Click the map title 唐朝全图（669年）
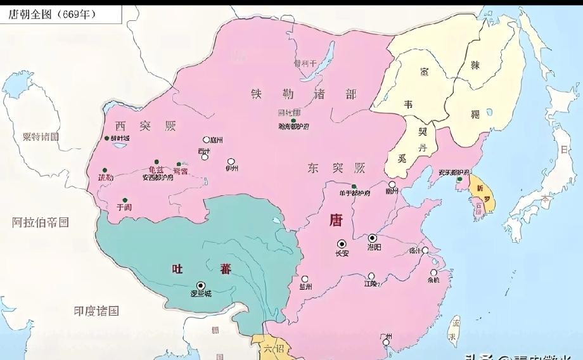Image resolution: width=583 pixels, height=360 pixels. pyautogui.click(x=53, y=14)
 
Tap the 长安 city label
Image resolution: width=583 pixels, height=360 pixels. pyautogui.click(x=342, y=254)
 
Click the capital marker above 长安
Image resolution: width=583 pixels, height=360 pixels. pyautogui.click(x=342, y=244)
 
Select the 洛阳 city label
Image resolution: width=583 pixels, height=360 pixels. pyautogui.click(x=374, y=248)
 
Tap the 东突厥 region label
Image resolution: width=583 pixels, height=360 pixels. pyautogui.click(x=336, y=168)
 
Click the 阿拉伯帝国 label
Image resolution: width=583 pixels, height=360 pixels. pyautogui.click(x=41, y=222)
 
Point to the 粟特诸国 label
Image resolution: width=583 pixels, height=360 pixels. pyautogui.click(x=41, y=136)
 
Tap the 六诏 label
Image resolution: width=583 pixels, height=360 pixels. pyautogui.click(x=269, y=349)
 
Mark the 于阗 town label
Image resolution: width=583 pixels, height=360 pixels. pyautogui.click(x=124, y=207)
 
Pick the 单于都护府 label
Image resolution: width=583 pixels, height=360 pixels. pyautogui.click(x=354, y=193)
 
